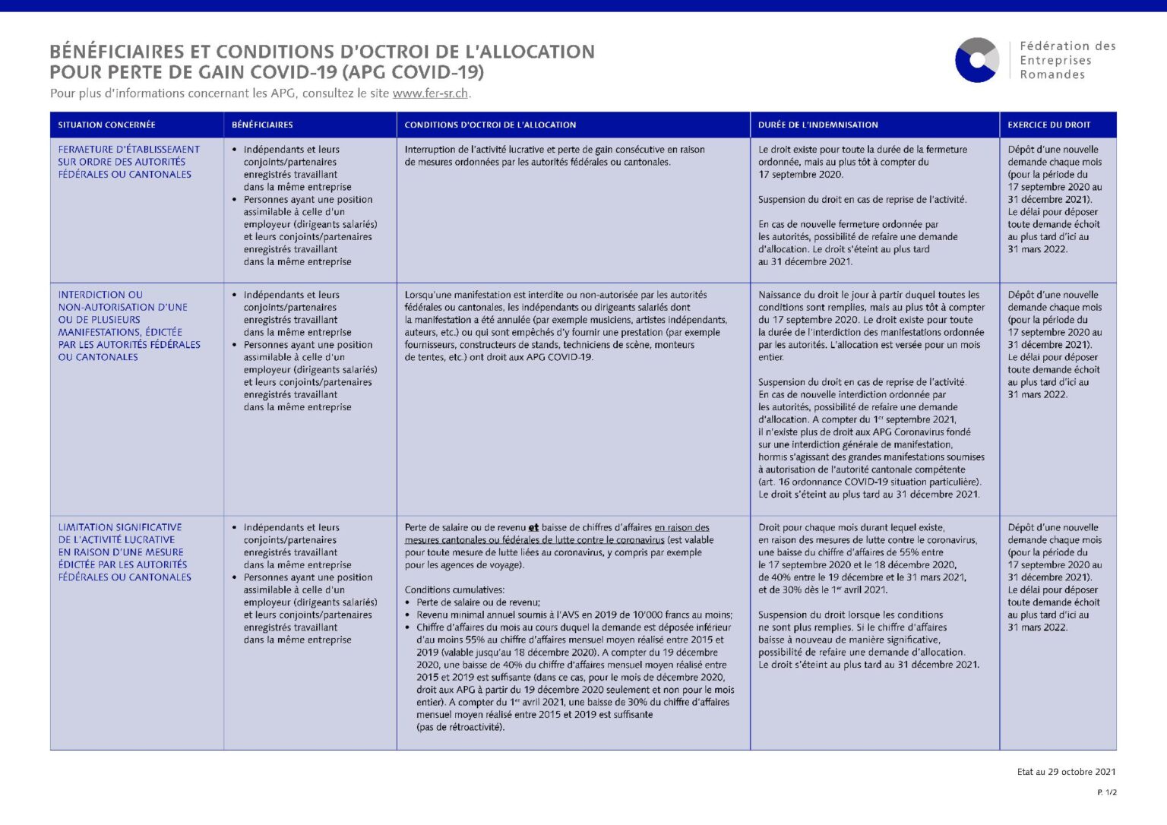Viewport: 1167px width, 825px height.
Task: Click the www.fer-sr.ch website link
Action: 430,93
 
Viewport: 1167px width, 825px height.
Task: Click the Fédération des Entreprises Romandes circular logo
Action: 977,60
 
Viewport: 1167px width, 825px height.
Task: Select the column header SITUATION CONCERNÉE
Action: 106,125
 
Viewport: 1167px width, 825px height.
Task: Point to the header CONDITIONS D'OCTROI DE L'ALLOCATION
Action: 490,125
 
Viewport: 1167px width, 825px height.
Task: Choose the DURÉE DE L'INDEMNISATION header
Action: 818,125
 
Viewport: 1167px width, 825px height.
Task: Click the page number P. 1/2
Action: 1107,792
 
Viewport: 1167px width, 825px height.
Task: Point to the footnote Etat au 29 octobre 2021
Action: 1066,772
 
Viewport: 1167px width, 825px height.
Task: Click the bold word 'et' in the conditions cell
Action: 533,528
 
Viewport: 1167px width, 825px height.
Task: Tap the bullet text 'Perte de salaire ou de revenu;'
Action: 478,602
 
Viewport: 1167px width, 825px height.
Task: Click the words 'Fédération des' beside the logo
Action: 1067,46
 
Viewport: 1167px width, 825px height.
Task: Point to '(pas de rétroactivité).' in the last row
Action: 460,727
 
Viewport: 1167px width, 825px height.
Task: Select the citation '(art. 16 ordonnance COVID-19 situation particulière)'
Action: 869,482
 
